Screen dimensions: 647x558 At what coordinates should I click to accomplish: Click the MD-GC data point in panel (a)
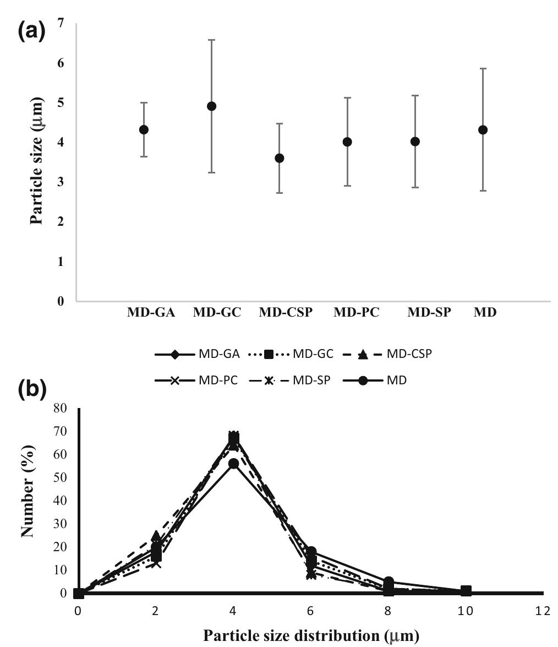click(211, 106)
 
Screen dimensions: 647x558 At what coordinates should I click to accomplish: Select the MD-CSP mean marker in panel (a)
click(280, 158)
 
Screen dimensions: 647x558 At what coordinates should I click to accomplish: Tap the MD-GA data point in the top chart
click(144, 130)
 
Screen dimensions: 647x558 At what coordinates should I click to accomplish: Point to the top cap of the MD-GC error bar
click(211, 40)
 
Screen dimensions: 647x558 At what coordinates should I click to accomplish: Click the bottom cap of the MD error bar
click(483, 191)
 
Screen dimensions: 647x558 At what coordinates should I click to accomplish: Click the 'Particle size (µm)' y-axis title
click(36, 162)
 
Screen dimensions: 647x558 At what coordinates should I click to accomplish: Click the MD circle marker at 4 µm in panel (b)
click(233, 464)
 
